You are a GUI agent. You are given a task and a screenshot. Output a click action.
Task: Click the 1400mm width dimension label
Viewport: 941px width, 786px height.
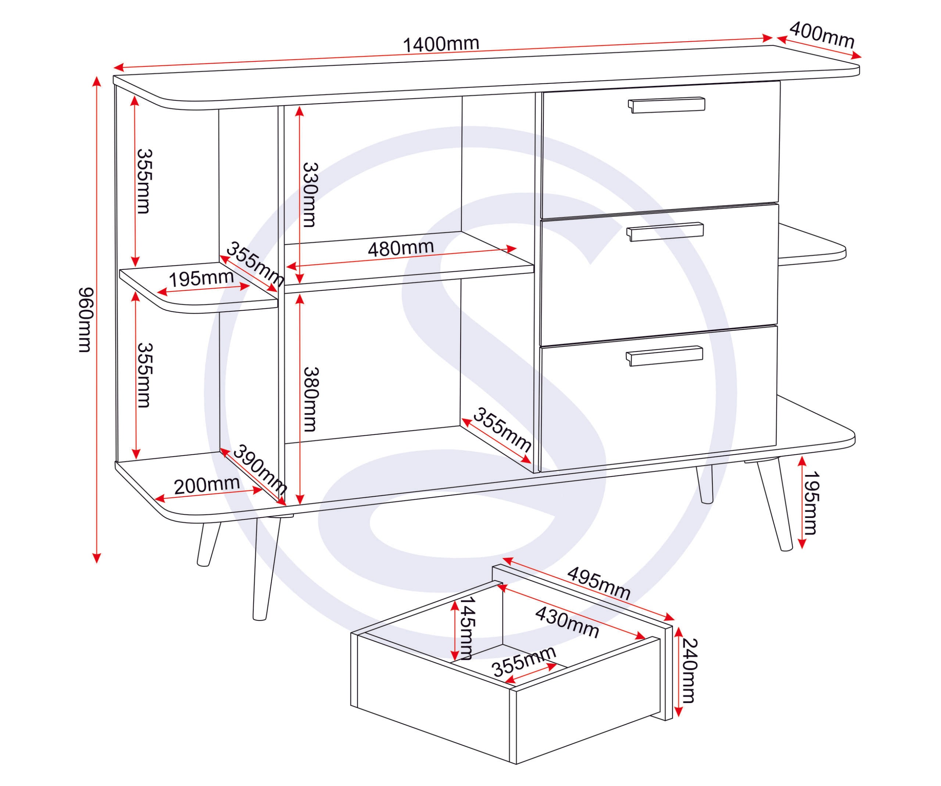(441, 44)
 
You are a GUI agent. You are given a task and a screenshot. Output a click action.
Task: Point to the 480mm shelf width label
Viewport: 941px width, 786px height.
(401, 248)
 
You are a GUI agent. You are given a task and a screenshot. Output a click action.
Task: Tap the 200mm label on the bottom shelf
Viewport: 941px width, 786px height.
(207, 485)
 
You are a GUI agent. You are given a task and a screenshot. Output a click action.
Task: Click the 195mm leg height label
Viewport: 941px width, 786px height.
(811, 503)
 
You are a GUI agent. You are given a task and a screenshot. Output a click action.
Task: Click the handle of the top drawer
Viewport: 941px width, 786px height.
(666, 105)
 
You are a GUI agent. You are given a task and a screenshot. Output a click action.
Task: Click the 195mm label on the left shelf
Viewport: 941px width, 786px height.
(201, 279)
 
